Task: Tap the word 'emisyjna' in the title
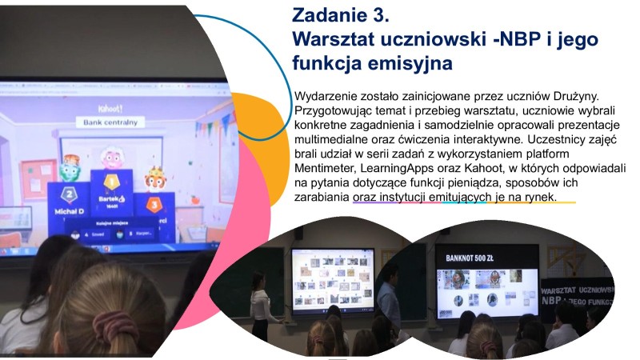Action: click(412, 62)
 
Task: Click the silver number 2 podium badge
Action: click(70, 193)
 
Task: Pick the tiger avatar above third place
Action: click(154, 178)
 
